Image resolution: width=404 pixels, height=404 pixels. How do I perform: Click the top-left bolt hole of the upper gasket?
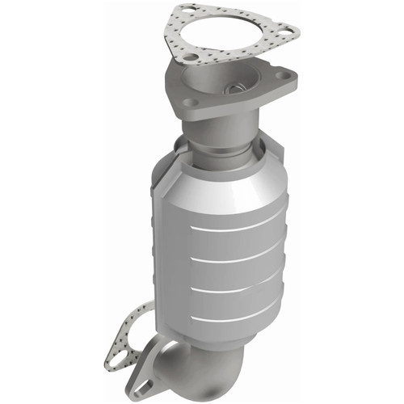coord(187,13)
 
